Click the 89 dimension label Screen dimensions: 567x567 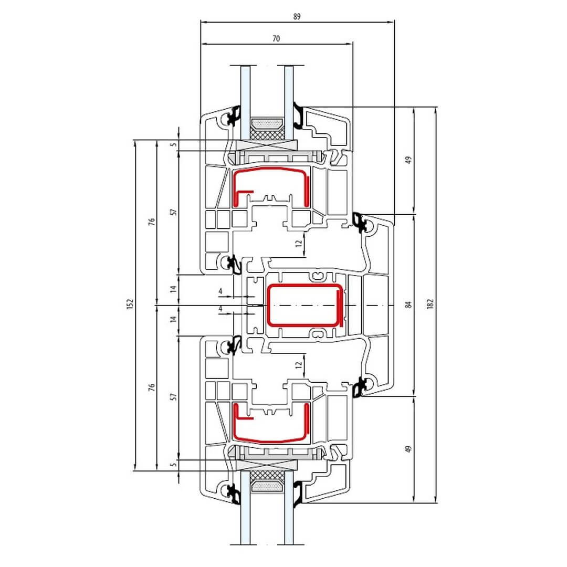[x=297, y=16]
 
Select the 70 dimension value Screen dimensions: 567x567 [x=276, y=38]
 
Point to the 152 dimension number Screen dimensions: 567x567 [x=130, y=304]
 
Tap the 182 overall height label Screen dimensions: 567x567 [x=430, y=304]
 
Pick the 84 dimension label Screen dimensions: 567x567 [x=408, y=305]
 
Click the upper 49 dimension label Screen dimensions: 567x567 [x=408, y=160]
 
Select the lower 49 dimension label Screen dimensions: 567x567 [x=408, y=449]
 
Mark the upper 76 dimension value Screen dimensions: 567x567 [x=152, y=222]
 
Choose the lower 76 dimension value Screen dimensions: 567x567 [x=152, y=387]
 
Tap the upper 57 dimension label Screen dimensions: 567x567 [x=174, y=212]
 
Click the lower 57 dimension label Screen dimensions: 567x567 [x=174, y=397]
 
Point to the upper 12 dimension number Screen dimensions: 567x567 [x=299, y=244]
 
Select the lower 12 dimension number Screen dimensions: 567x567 [x=299, y=365]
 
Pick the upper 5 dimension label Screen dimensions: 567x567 [x=174, y=145]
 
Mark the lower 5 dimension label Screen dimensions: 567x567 [x=174, y=464]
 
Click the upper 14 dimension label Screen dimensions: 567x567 [x=174, y=289]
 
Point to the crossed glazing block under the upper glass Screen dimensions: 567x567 [x=266, y=145]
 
